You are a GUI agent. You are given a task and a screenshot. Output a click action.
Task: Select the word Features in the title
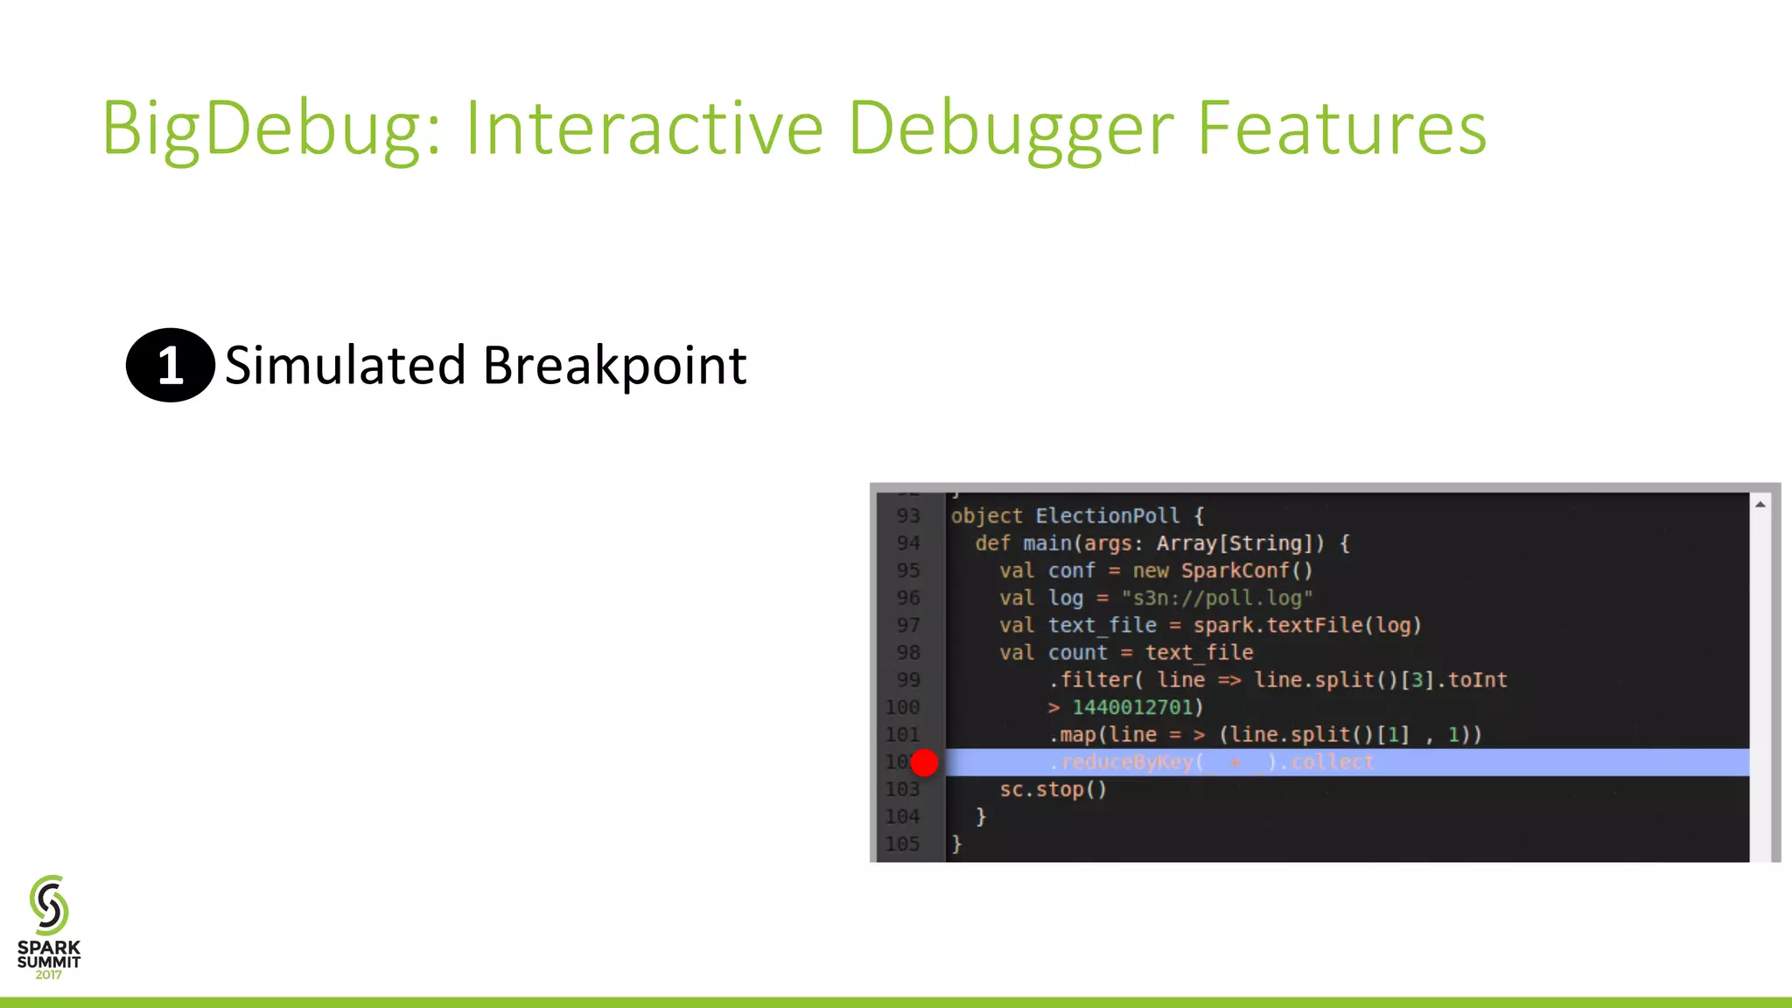pyautogui.click(x=1340, y=129)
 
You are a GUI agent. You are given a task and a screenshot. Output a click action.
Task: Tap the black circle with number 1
pyautogui.click(x=171, y=365)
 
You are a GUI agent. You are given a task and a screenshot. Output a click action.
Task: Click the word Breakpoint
pyautogui.click(x=614, y=366)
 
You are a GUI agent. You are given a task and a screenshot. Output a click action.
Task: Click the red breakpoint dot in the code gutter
pyautogui.click(x=924, y=762)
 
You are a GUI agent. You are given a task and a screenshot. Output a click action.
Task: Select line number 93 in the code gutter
pyautogui.click(x=908, y=516)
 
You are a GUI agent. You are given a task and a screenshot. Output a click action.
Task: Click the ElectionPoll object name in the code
pyautogui.click(x=1107, y=516)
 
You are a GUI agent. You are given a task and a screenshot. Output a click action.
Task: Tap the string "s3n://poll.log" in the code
pyautogui.click(x=1216, y=598)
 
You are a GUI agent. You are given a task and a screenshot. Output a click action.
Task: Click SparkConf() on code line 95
pyautogui.click(x=1246, y=570)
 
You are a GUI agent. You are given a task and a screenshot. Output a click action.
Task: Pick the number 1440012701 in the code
pyautogui.click(x=1132, y=707)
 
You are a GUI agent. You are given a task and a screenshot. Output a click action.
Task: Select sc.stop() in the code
pyautogui.click(x=1053, y=789)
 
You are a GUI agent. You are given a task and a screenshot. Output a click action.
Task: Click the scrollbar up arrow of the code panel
pyautogui.click(x=1760, y=505)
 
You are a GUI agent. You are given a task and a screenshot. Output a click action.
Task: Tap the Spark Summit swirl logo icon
pyautogui.click(x=49, y=905)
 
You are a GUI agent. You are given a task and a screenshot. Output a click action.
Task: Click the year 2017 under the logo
pyautogui.click(x=49, y=975)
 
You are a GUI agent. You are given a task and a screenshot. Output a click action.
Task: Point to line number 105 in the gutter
pyautogui.click(x=902, y=844)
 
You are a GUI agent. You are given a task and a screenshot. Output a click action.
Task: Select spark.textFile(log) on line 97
pyautogui.click(x=1306, y=626)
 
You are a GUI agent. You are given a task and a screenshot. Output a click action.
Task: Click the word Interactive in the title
pyautogui.click(x=644, y=129)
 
